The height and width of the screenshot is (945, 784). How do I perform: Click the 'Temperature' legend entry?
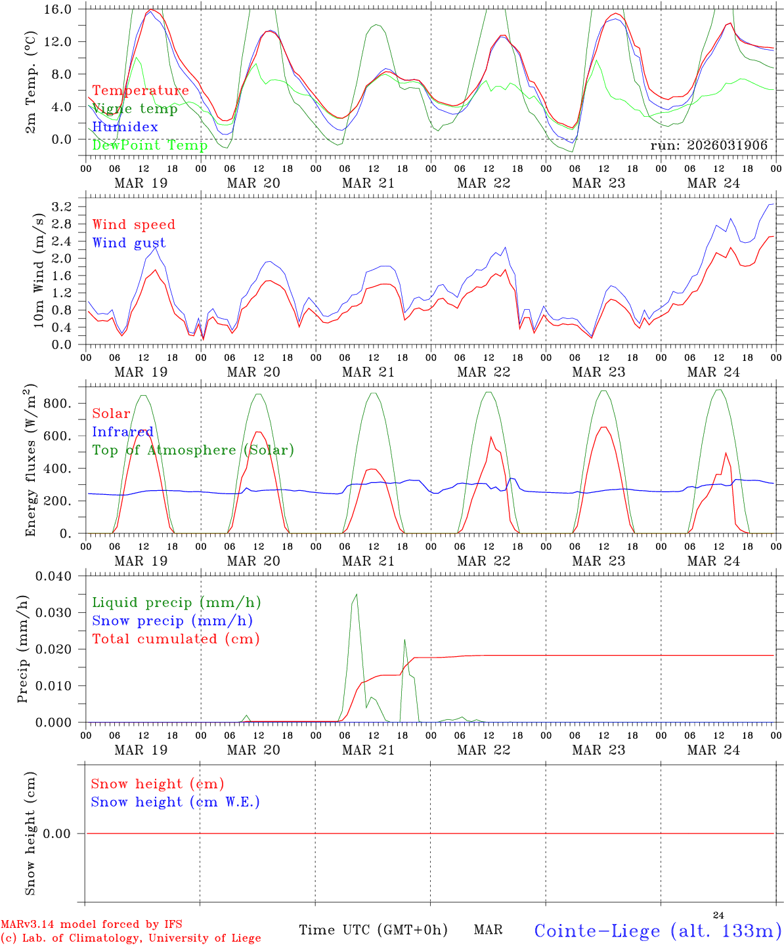[x=141, y=91]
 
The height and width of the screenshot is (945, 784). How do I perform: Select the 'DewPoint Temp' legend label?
[x=150, y=146]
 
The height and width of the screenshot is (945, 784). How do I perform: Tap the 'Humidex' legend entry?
[x=125, y=127]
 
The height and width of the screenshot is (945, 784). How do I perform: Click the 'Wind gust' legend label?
[x=129, y=243]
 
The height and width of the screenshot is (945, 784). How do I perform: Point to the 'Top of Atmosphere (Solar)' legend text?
[x=193, y=450]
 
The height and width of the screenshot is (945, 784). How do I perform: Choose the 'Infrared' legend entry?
[x=123, y=432]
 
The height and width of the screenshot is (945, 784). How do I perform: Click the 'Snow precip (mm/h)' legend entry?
[x=172, y=621]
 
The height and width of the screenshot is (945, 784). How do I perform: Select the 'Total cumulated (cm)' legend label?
[x=175, y=639]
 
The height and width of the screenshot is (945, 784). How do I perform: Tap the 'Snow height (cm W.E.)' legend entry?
[x=175, y=802]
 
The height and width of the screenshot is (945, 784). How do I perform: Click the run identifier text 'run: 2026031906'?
[x=708, y=146]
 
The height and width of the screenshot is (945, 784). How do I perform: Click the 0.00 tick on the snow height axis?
[x=64, y=833]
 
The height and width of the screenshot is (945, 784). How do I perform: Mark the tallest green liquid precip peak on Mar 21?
[x=357, y=595]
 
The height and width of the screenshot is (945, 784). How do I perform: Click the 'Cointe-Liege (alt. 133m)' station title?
[x=657, y=931]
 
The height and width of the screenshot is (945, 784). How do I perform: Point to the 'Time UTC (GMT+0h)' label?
[x=373, y=930]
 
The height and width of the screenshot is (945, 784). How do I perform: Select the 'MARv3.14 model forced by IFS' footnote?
[x=91, y=924]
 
